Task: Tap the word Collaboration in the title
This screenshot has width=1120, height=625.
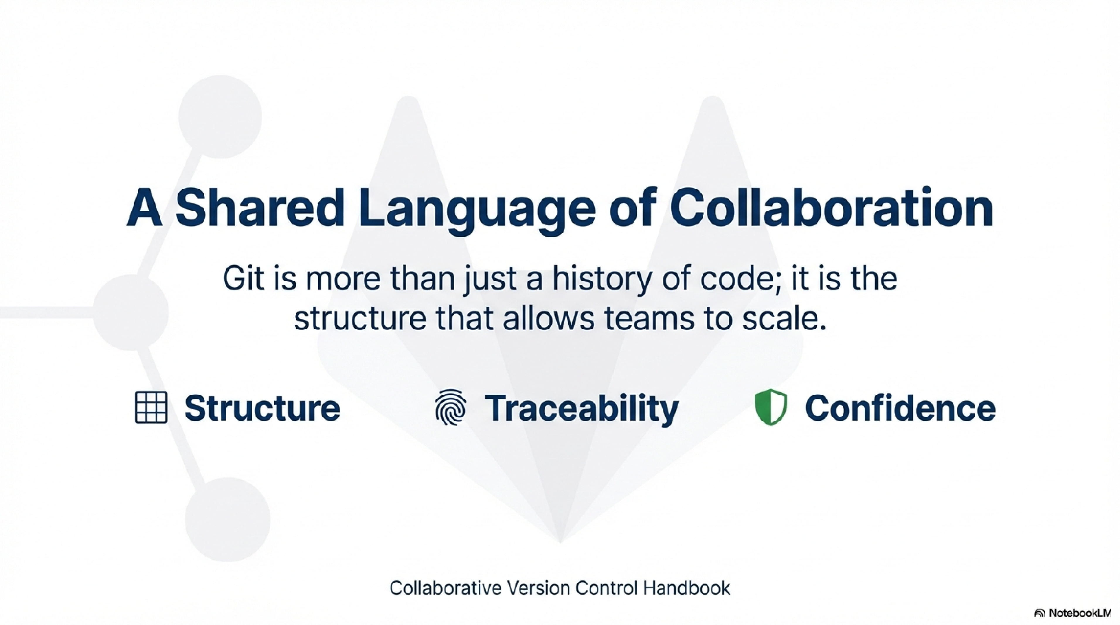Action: (x=831, y=208)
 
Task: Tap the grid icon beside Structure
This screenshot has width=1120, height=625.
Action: (x=151, y=407)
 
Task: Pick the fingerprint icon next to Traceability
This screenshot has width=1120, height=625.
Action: (x=450, y=407)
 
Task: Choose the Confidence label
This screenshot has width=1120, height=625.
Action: (x=900, y=408)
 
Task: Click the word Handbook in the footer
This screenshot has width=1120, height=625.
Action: (x=687, y=588)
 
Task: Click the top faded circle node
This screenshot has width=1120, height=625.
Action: (x=220, y=117)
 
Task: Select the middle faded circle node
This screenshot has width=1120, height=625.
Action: (x=130, y=312)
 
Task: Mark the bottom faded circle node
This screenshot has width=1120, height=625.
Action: (x=227, y=520)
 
